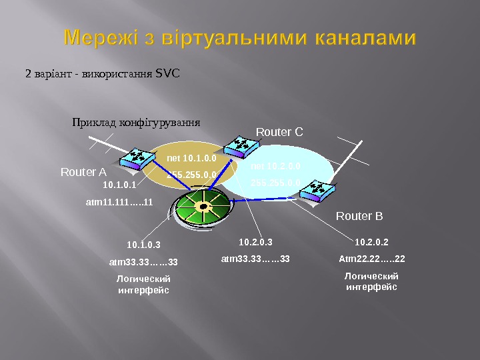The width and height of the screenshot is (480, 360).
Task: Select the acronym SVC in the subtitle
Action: (167, 73)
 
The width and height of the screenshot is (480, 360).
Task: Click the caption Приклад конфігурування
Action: (136, 123)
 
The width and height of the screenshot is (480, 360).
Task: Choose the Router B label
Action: (359, 217)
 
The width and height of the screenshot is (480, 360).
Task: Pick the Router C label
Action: (279, 131)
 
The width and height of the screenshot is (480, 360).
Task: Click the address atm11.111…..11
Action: (120, 201)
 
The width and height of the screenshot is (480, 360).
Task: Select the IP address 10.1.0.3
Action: (143, 245)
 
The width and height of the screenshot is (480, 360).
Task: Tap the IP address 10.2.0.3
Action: (256, 242)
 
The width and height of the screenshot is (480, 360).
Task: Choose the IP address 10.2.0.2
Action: (372, 242)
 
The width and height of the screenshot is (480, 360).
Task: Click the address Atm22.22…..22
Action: (372, 258)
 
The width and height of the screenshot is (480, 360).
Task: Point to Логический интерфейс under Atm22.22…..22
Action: (371, 281)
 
